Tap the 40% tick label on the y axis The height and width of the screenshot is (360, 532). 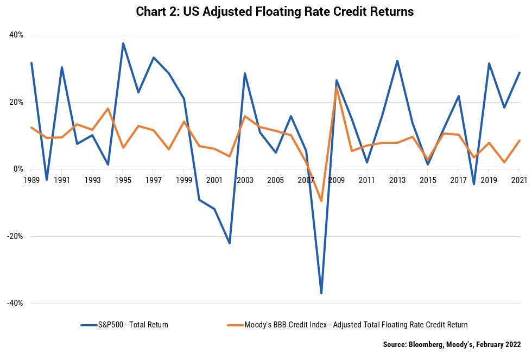tap(16, 35)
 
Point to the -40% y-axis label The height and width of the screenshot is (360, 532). tap(15, 303)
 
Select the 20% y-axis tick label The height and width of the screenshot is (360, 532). tap(16, 102)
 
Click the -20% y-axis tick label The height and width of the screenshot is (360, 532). tap(15, 236)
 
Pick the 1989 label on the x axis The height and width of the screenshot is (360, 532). tap(31, 180)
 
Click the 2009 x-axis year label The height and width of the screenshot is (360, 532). tap(336, 180)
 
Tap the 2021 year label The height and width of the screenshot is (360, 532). tap(518, 180)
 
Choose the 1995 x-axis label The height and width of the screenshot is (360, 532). tap(123, 180)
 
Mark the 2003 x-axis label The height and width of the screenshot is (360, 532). tap(245, 180)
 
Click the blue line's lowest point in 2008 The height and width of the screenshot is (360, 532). tap(321, 293)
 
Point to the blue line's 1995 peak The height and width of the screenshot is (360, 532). tap(123, 43)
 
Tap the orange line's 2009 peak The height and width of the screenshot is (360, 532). tap(337, 87)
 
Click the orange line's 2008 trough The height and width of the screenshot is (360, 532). tap(321, 201)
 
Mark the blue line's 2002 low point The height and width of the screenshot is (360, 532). tap(230, 243)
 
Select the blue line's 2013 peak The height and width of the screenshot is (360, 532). tap(397, 61)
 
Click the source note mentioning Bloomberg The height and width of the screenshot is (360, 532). tap(452, 344)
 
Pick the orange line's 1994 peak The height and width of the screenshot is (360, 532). tap(108, 109)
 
